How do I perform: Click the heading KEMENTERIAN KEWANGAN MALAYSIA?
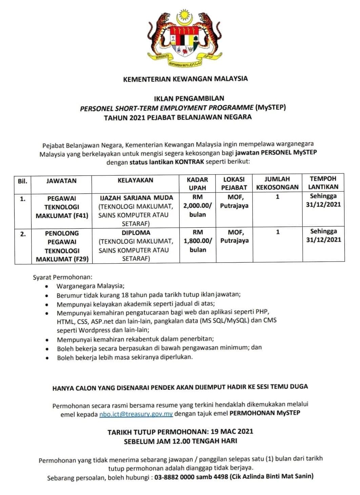coord(185,79)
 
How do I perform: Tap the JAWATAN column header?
coord(61,181)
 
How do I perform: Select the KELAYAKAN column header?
coord(135,180)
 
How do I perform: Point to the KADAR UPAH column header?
coord(197,183)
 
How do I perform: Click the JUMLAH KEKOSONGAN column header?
coord(277,183)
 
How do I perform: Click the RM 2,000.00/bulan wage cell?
coord(198,206)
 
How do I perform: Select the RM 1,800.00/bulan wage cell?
coord(198,241)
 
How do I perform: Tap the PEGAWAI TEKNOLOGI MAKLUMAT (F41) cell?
coord(62,207)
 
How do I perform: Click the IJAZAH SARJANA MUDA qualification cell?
coord(136,210)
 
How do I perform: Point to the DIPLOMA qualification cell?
coord(136,246)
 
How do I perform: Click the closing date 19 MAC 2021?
coord(232,431)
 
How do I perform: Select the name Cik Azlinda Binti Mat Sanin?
coord(271,476)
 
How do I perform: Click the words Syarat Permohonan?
coord(62,277)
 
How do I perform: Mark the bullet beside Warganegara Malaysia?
coord(47,286)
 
